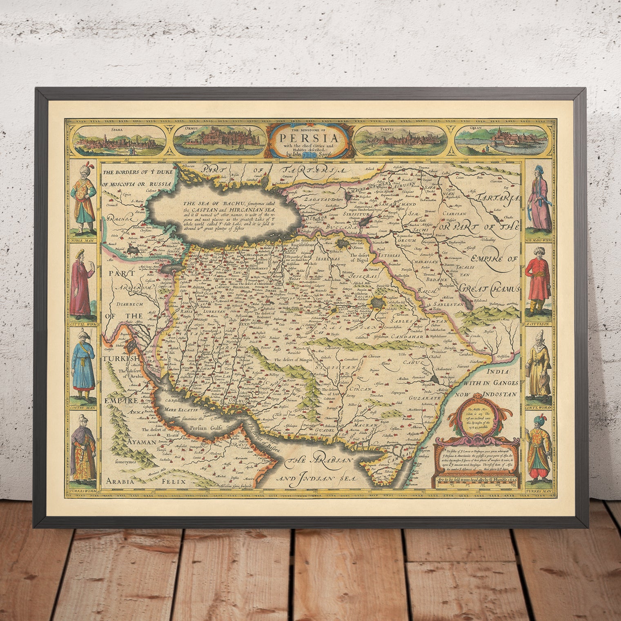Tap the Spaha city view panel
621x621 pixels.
(x=118, y=139)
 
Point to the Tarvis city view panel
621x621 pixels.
(x=401, y=139)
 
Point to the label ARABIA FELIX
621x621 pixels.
(x=146, y=481)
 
